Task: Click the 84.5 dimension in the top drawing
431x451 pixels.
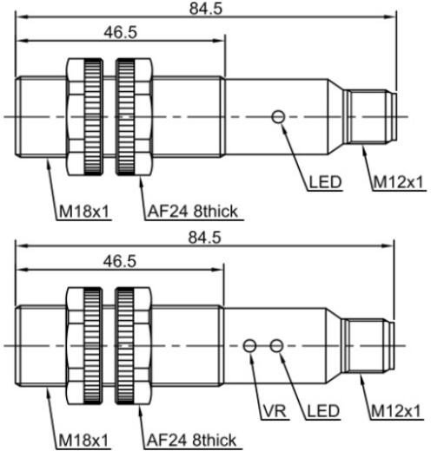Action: (x=206, y=9)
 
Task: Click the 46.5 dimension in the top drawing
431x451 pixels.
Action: (x=121, y=32)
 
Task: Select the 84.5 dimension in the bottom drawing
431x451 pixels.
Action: (x=205, y=238)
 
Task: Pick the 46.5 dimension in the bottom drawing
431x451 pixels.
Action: (x=120, y=262)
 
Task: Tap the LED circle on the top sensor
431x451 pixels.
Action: (x=278, y=117)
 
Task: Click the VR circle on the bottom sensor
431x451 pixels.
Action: (x=249, y=346)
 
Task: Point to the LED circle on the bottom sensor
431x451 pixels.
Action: (x=276, y=346)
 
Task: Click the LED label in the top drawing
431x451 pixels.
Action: (x=326, y=182)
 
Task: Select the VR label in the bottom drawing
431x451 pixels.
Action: (x=275, y=411)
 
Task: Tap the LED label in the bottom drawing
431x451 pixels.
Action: (x=323, y=411)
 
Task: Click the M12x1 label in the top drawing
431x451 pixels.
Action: (x=399, y=182)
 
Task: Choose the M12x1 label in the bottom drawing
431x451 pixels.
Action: (x=395, y=411)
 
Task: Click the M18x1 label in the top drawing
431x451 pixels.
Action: (x=84, y=212)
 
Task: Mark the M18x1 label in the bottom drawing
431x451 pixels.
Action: (x=83, y=441)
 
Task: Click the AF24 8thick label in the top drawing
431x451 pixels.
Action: (x=193, y=212)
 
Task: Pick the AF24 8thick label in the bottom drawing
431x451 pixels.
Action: (x=191, y=441)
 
